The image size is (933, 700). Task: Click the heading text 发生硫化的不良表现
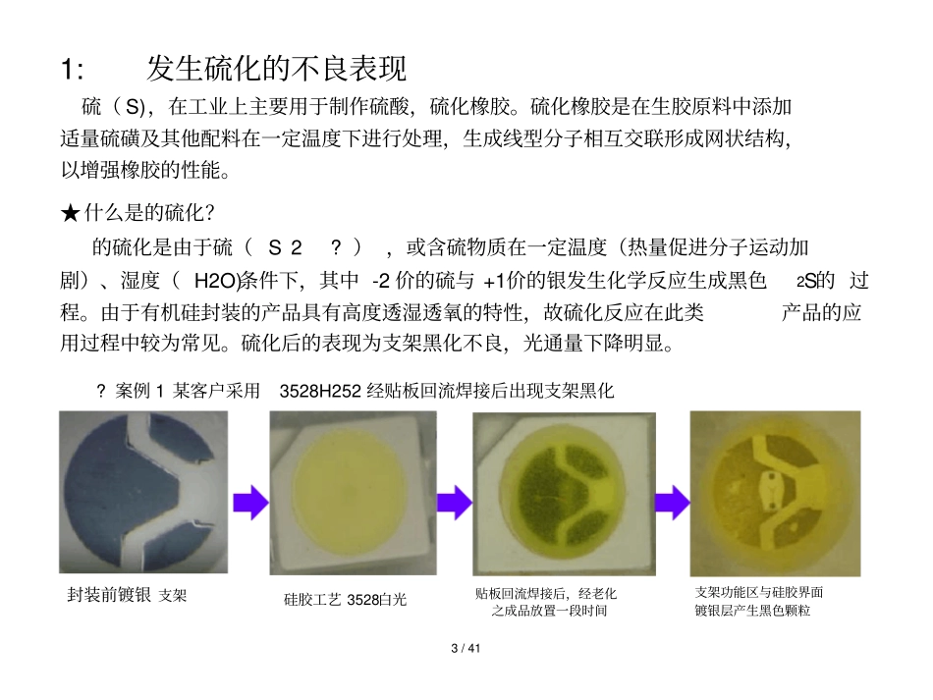(x=276, y=70)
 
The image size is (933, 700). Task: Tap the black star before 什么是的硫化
(x=70, y=213)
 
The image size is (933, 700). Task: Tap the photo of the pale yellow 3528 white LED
(x=353, y=493)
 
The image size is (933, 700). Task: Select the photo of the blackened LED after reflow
(x=564, y=494)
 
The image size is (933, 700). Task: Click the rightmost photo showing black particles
(x=775, y=493)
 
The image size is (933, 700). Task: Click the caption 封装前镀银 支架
(x=127, y=596)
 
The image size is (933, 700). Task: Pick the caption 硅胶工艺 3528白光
(x=345, y=599)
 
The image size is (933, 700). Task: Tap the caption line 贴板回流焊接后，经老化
(x=546, y=594)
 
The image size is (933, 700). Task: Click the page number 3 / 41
(x=466, y=649)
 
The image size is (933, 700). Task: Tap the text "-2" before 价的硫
(x=384, y=282)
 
